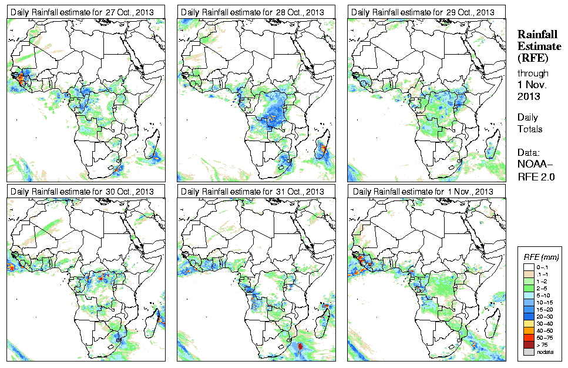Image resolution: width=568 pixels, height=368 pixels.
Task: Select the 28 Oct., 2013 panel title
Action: (253, 12)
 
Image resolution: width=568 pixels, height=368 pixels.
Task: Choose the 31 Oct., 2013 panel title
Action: (253, 192)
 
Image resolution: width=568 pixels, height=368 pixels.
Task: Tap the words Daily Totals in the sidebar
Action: (530, 123)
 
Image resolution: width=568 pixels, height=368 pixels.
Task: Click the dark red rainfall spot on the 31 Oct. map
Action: (301, 347)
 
